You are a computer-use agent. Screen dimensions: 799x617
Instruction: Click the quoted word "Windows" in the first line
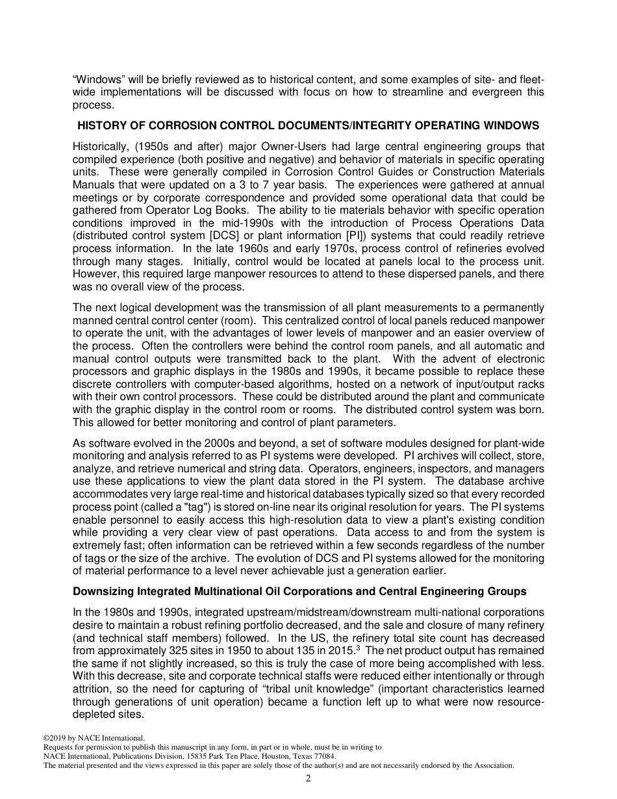pyautogui.click(x=94, y=80)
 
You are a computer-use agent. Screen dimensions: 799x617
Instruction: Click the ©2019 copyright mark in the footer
pyautogui.click(x=54, y=738)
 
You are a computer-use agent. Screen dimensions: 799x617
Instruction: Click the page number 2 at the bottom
pyautogui.click(x=308, y=778)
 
